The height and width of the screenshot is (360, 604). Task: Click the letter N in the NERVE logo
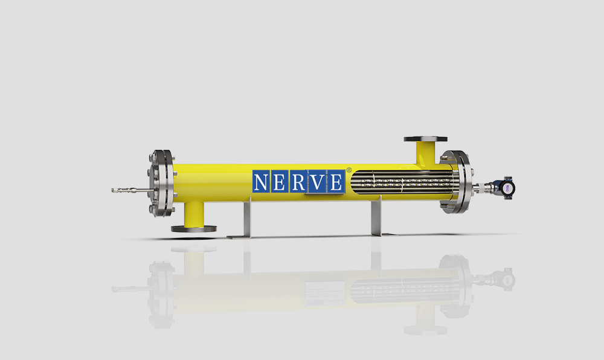[x=261, y=182]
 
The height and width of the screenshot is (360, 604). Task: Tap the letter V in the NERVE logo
[x=317, y=181]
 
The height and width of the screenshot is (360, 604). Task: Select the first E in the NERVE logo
[x=279, y=182]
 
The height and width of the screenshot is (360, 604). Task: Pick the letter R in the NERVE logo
[x=298, y=182]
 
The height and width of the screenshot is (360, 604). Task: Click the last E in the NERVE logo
[x=335, y=181]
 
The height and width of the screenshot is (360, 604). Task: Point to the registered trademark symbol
[x=349, y=170]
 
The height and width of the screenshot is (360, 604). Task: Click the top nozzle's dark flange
[x=426, y=139]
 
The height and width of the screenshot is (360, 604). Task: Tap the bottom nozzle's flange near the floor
[x=194, y=229]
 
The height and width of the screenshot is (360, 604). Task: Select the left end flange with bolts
[x=161, y=183]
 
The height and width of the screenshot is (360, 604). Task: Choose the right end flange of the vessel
[x=455, y=182]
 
